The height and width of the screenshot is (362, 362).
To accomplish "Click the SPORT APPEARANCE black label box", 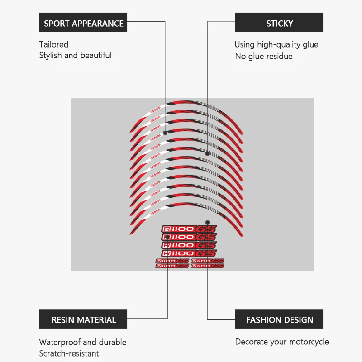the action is click(83, 23).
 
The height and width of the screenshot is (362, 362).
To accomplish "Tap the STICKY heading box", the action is click(279, 23).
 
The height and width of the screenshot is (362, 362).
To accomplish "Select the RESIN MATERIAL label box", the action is click(83, 319).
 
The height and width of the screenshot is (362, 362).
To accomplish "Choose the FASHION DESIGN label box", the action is click(279, 319).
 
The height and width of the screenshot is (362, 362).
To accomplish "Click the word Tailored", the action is click(54, 44).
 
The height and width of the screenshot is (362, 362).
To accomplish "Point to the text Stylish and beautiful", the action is click(75, 55).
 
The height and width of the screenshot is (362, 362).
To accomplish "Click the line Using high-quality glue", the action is click(276, 44).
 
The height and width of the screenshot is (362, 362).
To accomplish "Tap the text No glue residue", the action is click(264, 56).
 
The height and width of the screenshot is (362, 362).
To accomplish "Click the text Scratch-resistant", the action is click(69, 353).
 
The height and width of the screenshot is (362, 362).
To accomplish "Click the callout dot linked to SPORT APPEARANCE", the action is click(165, 133).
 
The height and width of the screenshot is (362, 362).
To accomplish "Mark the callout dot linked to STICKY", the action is click(207, 153).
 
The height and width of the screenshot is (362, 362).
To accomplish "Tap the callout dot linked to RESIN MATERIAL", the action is click(168, 237).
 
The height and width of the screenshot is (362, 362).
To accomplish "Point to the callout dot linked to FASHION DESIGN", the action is click(207, 223).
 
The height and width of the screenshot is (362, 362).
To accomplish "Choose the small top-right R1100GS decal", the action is click(207, 261).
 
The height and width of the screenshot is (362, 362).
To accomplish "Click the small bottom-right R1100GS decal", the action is click(207, 266).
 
